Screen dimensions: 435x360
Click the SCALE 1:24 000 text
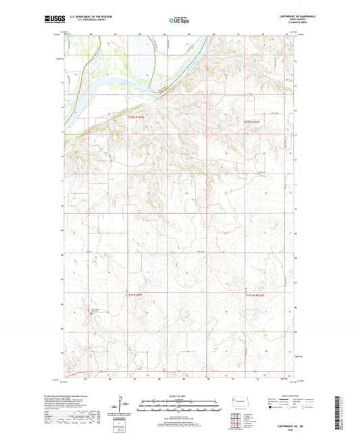click(180, 395)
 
